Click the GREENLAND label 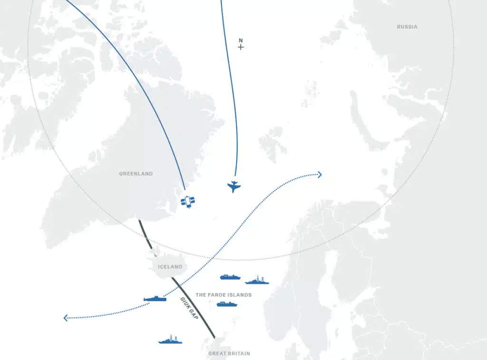136,174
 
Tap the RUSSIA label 407,27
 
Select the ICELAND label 170,267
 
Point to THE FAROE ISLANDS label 224,295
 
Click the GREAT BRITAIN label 229,354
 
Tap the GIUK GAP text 189,308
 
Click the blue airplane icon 234,186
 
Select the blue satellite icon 188,202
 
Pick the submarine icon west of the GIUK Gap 155,299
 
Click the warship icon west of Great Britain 170,340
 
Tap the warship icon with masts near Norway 257,280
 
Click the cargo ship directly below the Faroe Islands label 227,304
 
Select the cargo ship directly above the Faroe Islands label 230,277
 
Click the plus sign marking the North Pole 241,47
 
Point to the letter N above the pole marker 241,40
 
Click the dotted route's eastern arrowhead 320,175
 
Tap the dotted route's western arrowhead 66,318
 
